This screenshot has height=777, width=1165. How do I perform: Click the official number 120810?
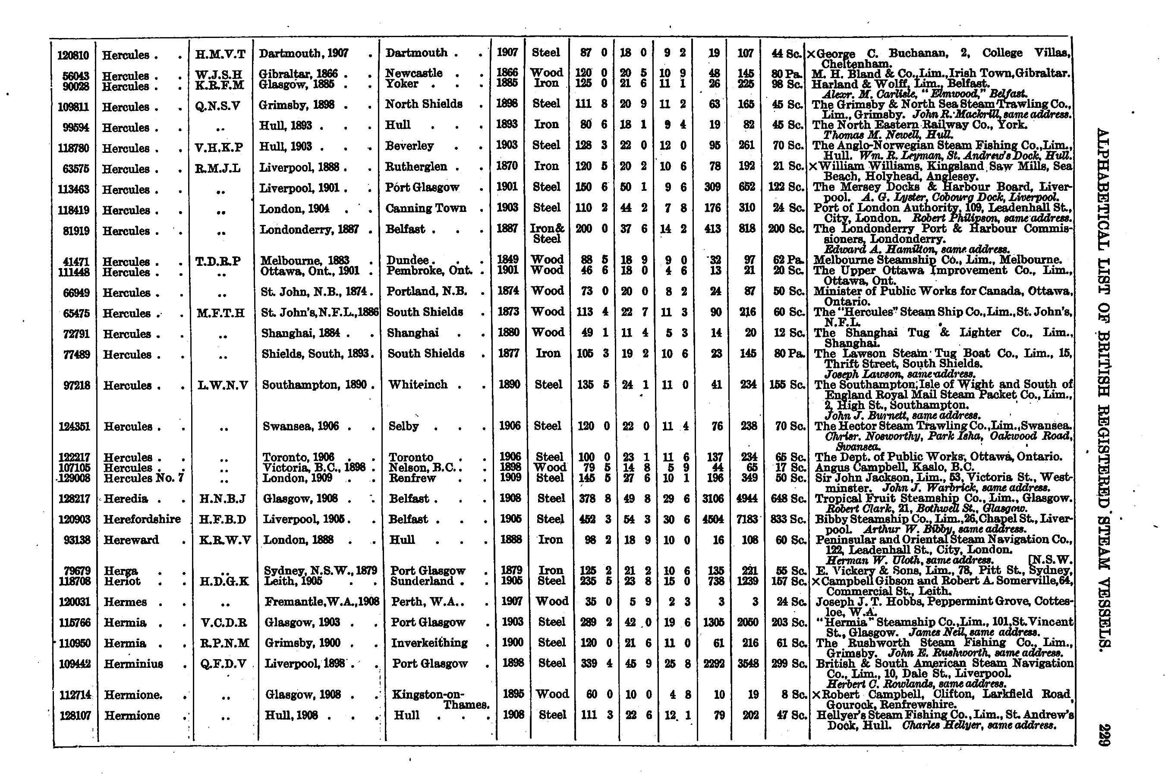pyautogui.click(x=73, y=55)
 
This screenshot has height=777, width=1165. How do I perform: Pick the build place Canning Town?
pyautogui.click(x=425, y=208)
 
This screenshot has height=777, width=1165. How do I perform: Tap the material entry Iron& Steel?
pyautogui.click(x=546, y=234)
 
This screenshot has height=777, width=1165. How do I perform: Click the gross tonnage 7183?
pyautogui.click(x=746, y=519)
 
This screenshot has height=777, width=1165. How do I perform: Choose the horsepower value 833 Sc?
pyautogui.click(x=789, y=519)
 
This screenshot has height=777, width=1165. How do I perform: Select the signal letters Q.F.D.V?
pyautogui.click(x=224, y=664)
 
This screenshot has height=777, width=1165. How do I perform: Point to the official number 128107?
pyautogui.click(x=75, y=716)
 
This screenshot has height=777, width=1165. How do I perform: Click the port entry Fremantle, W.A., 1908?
pyautogui.click(x=322, y=602)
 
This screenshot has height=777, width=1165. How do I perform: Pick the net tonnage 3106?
pyautogui.click(x=713, y=499)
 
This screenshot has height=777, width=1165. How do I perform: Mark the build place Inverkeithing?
pyautogui.click(x=429, y=643)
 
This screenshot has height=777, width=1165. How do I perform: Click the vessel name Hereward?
pyautogui.click(x=131, y=540)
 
